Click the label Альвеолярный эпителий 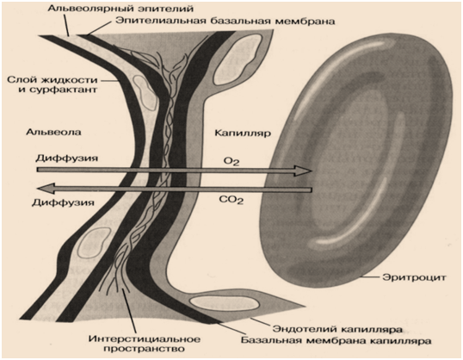(120, 8)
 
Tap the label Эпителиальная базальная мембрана (225, 21)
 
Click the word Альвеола (53, 132)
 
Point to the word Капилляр (243, 133)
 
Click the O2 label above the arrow (231, 161)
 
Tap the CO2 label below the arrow (231, 200)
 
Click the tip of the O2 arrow (312, 171)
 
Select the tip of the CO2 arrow (37, 189)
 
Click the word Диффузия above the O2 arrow (66, 158)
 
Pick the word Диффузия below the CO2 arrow (63, 202)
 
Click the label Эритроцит (414, 278)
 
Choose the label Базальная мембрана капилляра (336, 340)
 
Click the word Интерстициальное (144, 339)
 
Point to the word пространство (144, 349)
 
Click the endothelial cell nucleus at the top (237, 58)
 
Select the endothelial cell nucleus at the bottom (225, 302)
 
